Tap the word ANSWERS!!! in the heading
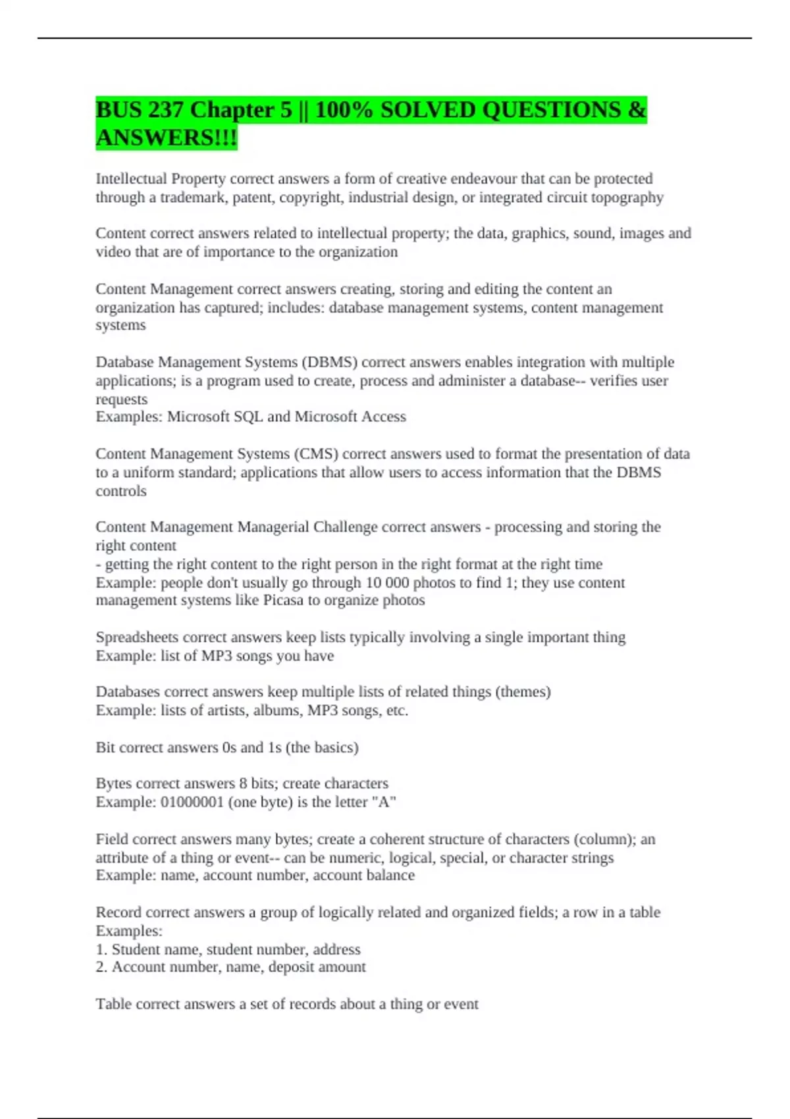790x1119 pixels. (167, 138)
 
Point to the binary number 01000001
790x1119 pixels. (192, 802)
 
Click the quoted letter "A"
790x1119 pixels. (384, 802)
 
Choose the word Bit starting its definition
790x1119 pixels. (105, 748)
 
